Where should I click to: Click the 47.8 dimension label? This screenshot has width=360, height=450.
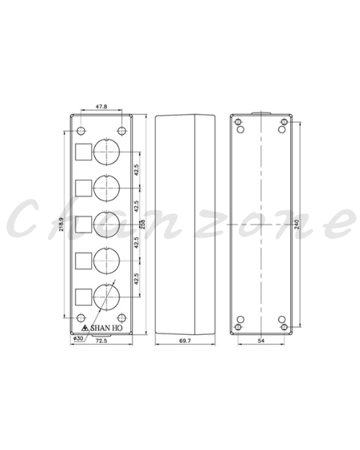coord(102,107)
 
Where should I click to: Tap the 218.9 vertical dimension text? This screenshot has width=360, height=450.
coord(60,225)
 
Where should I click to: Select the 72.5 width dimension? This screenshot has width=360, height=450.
coord(102,341)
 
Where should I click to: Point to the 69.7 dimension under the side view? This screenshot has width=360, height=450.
coord(185,341)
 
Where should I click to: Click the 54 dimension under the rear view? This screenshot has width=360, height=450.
coord(261,341)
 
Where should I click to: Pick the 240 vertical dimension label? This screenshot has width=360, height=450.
coord(297,224)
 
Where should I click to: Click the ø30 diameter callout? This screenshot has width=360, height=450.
coord(78,338)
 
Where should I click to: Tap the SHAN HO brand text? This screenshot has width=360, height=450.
coord(107,328)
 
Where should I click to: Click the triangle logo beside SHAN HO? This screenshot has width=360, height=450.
coord(85,328)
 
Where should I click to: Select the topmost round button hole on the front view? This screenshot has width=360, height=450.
coord(107,152)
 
